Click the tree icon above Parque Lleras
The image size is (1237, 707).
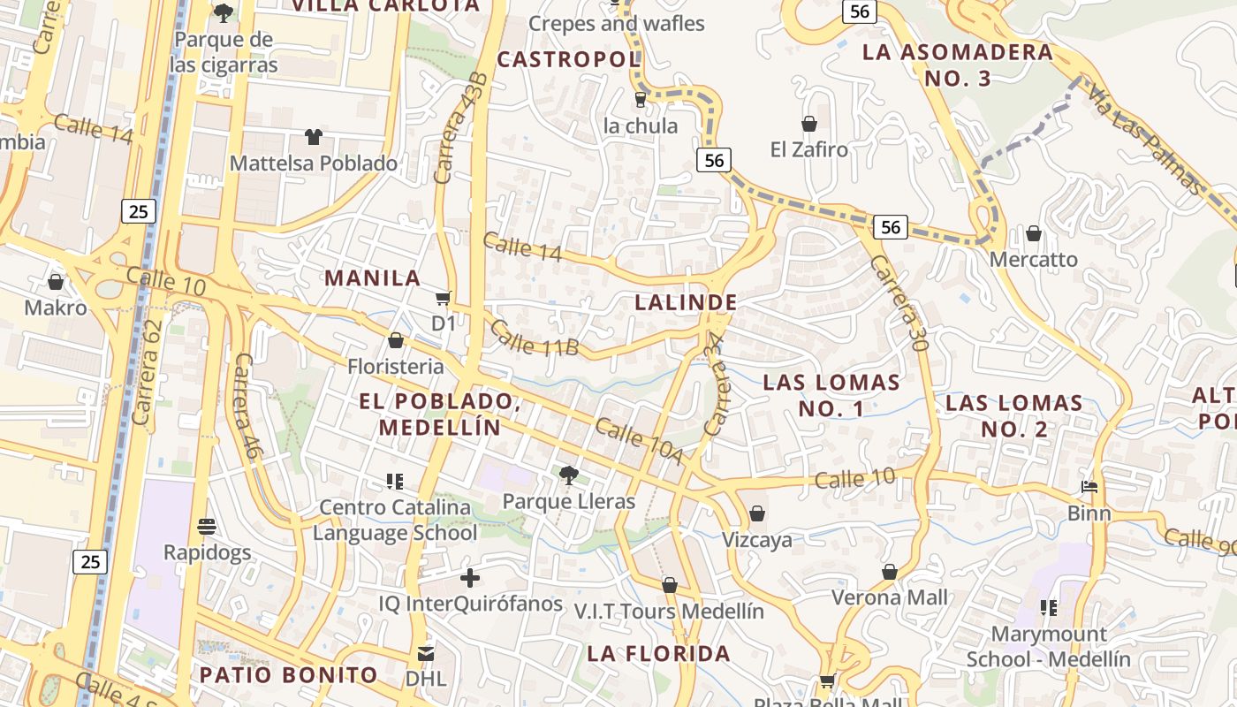(x=569, y=475)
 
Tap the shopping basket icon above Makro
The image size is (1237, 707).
(x=56, y=282)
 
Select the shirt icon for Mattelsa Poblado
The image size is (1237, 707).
(x=314, y=137)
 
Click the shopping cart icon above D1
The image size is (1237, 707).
(x=444, y=299)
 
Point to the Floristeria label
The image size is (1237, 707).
(x=395, y=366)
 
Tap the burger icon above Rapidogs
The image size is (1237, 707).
(x=207, y=527)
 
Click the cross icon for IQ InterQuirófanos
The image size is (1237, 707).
(x=470, y=578)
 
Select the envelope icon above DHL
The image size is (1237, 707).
(x=426, y=654)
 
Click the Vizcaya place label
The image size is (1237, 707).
(x=757, y=539)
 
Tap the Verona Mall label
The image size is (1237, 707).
(x=890, y=597)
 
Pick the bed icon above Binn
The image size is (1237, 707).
(x=1089, y=487)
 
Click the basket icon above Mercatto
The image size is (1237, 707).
(x=1034, y=234)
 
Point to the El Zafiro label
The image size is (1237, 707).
(x=808, y=149)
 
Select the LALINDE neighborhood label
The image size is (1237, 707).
(x=686, y=302)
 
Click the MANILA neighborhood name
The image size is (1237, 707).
(x=372, y=277)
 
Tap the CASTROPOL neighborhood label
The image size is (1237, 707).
(x=568, y=59)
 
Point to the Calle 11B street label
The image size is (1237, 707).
(x=534, y=338)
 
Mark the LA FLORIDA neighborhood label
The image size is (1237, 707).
(x=659, y=654)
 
